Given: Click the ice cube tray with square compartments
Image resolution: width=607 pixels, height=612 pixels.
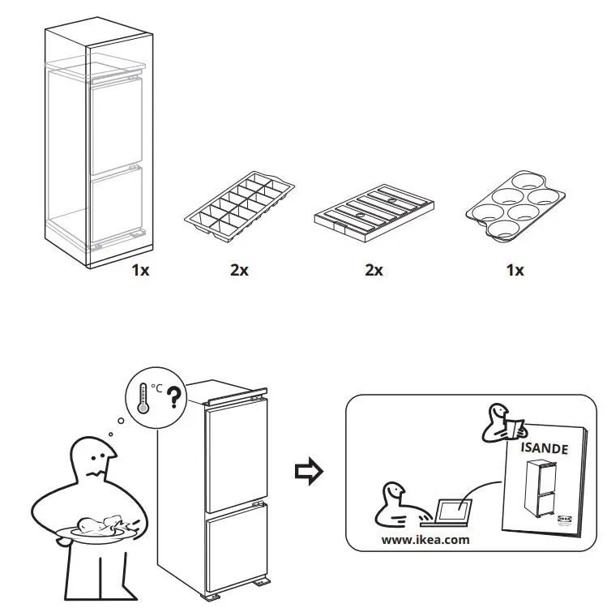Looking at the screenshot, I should pyautogui.click(x=239, y=207).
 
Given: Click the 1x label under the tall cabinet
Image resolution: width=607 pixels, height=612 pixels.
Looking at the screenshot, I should pyautogui.click(x=140, y=271).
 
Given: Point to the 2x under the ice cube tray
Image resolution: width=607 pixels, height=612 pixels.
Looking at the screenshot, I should pyautogui.click(x=238, y=271).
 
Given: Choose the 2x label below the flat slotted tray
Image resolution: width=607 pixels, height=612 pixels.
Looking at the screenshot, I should pyautogui.click(x=374, y=271).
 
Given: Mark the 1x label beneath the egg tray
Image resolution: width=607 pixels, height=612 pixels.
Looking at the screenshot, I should pyautogui.click(x=515, y=271).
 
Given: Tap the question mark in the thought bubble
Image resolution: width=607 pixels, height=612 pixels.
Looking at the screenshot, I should pyautogui.click(x=172, y=398).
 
